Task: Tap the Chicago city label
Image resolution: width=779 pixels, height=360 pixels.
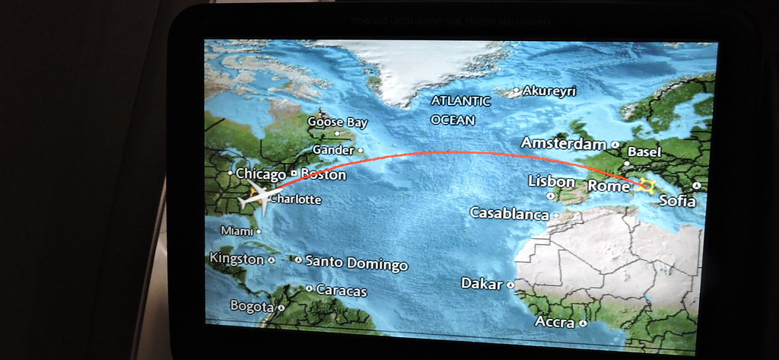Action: point(260,174)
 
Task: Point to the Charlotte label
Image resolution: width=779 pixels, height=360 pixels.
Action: point(296,200)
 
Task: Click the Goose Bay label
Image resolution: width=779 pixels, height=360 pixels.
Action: point(337,122)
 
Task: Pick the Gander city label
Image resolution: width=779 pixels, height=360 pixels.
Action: point(333,150)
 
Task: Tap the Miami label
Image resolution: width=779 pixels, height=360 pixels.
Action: point(237,231)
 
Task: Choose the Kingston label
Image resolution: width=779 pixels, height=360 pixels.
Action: point(236,259)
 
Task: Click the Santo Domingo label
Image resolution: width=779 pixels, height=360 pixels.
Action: point(356,263)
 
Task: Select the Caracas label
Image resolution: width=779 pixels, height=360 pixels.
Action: point(341,291)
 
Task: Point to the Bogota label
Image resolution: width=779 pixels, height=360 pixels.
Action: point(251,306)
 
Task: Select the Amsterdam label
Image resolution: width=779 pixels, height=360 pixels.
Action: point(564,143)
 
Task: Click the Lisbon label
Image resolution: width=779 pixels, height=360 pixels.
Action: point(552,181)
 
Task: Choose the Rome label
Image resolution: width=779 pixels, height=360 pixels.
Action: point(609,186)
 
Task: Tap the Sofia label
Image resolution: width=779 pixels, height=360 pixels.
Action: point(677,201)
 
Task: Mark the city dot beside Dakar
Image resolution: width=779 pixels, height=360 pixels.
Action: point(511,285)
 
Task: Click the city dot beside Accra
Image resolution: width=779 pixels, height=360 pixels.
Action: point(583,323)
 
